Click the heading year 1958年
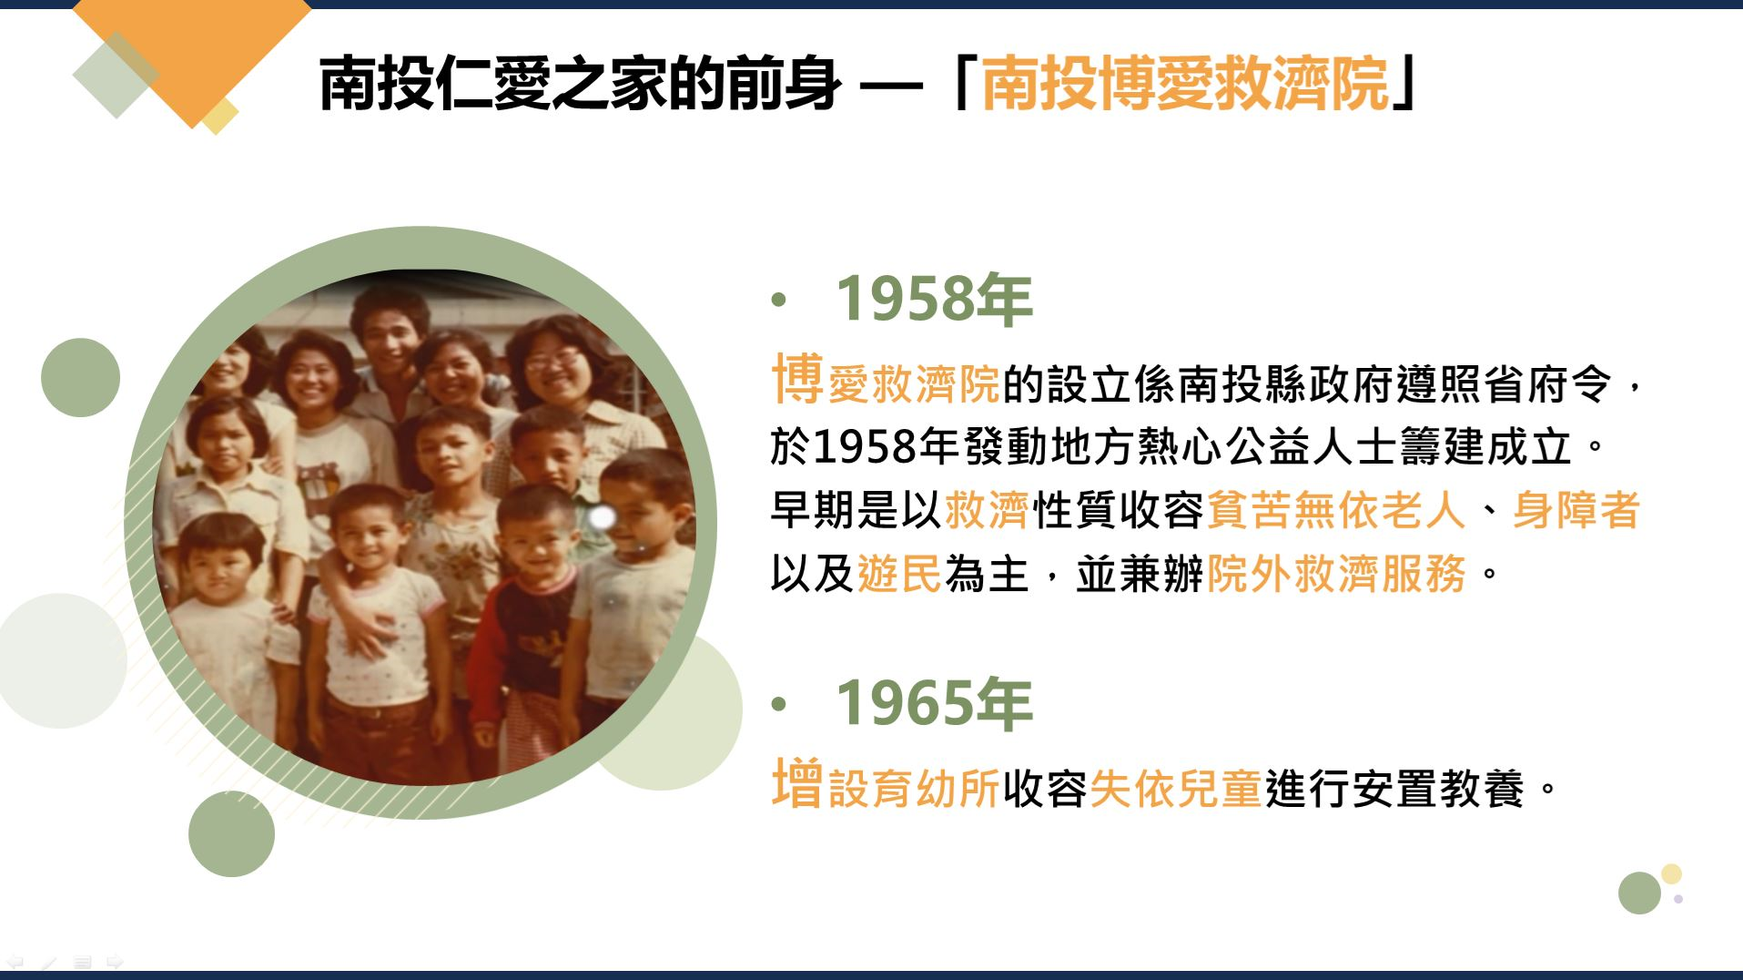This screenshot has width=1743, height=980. coord(934,299)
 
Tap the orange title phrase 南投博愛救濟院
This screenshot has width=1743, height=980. coord(1186,83)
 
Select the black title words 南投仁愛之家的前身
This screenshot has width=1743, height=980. coord(580,83)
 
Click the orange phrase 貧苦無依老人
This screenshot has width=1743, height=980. coord(1336,510)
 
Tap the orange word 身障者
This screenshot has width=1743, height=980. coord(1576,510)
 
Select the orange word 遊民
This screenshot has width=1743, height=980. coord(899,574)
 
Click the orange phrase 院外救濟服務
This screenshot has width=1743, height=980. coord(1336,574)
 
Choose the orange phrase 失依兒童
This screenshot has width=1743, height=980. coord(1176,789)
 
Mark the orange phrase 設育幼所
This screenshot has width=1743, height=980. coord(914,789)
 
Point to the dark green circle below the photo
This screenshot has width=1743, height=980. coord(231,833)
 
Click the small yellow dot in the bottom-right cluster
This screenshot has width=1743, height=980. coord(1671,874)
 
